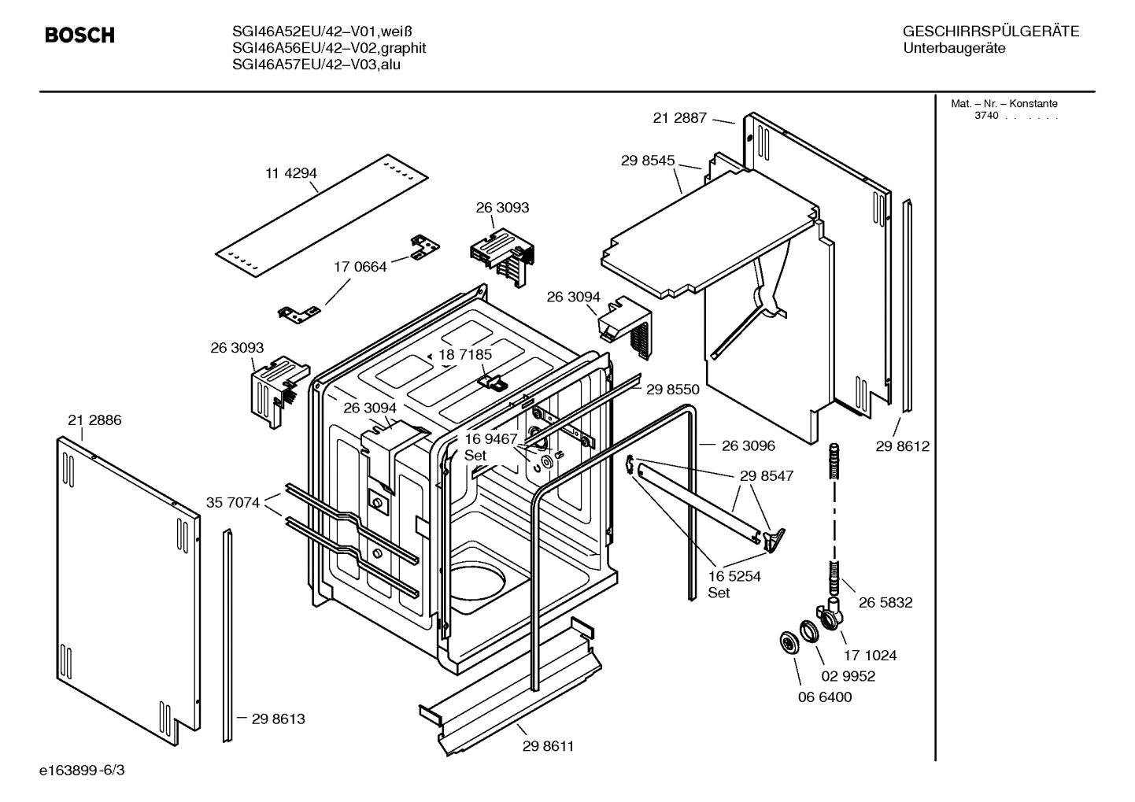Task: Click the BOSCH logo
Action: (x=79, y=35)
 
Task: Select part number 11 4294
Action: (x=291, y=173)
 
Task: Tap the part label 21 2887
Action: (x=680, y=118)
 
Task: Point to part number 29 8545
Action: (x=648, y=161)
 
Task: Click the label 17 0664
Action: (x=360, y=267)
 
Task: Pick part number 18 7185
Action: (x=465, y=355)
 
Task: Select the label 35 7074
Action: (x=233, y=502)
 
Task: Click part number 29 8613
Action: (x=279, y=719)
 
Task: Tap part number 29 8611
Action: (x=548, y=746)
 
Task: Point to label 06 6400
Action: (x=825, y=697)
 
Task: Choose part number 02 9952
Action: (x=848, y=676)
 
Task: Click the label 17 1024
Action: (x=871, y=655)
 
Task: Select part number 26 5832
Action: (x=885, y=603)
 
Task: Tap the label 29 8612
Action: (x=903, y=447)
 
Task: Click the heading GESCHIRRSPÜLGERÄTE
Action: (x=991, y=32)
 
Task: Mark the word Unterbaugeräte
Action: (x=955, y=49)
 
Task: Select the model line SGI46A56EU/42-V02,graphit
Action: (x=329, y=48)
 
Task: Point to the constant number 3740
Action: (x=986, y=116)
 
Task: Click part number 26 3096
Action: (x=749, y=446)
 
